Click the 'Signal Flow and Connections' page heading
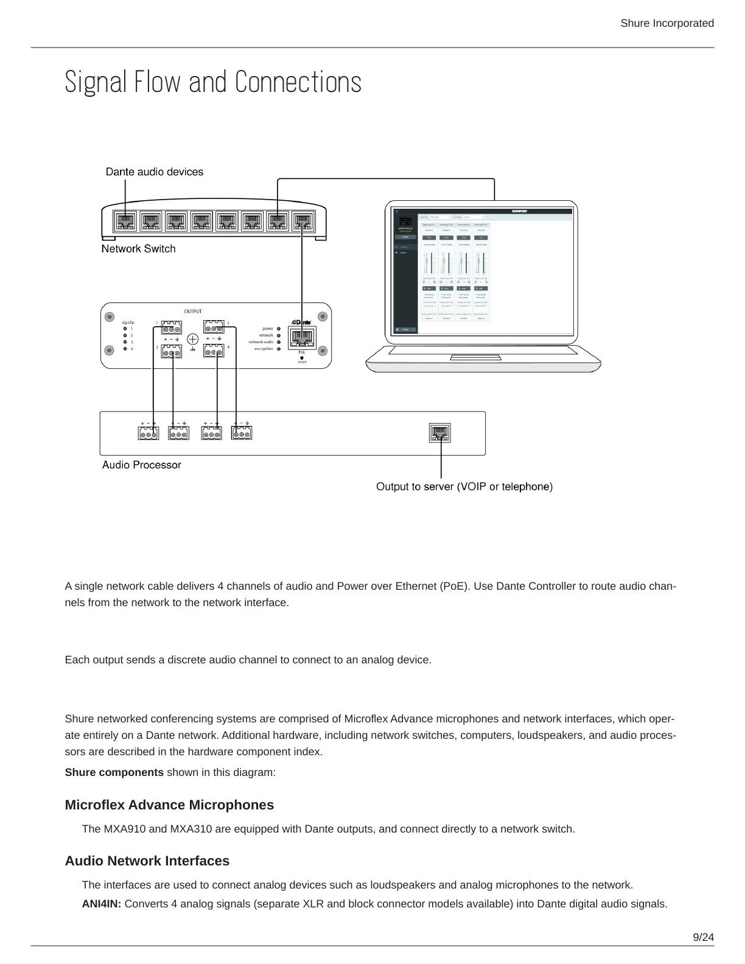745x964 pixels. tap(213, 82)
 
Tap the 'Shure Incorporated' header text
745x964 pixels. tap(666, 23)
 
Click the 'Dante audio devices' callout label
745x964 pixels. tap(155, 172)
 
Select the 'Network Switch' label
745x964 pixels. tap(138, 248)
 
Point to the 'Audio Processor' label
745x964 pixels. tap(141, 465)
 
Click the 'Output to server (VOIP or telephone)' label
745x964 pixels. tap(464, 486)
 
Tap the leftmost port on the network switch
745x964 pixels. tap(125, 222)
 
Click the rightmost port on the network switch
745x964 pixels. tap(303, 222)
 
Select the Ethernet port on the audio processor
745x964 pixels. tap(440, 433)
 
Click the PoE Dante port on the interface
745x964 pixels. tap(302, 337)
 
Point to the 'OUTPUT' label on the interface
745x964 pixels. tap(193, 312)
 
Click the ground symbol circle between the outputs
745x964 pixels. tap(193, 339)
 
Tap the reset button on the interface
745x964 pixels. tap(302, 357)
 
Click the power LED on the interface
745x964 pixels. tap(279, 329)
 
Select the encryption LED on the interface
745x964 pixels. tap(279, 349)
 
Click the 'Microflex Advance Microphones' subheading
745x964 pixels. tap(169, 805)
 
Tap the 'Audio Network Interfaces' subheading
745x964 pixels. tap(147, 861)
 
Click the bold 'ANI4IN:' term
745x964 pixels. tap(102, 904)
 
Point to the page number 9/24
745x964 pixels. tap(704, 937)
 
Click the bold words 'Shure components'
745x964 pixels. tap(114, 772)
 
